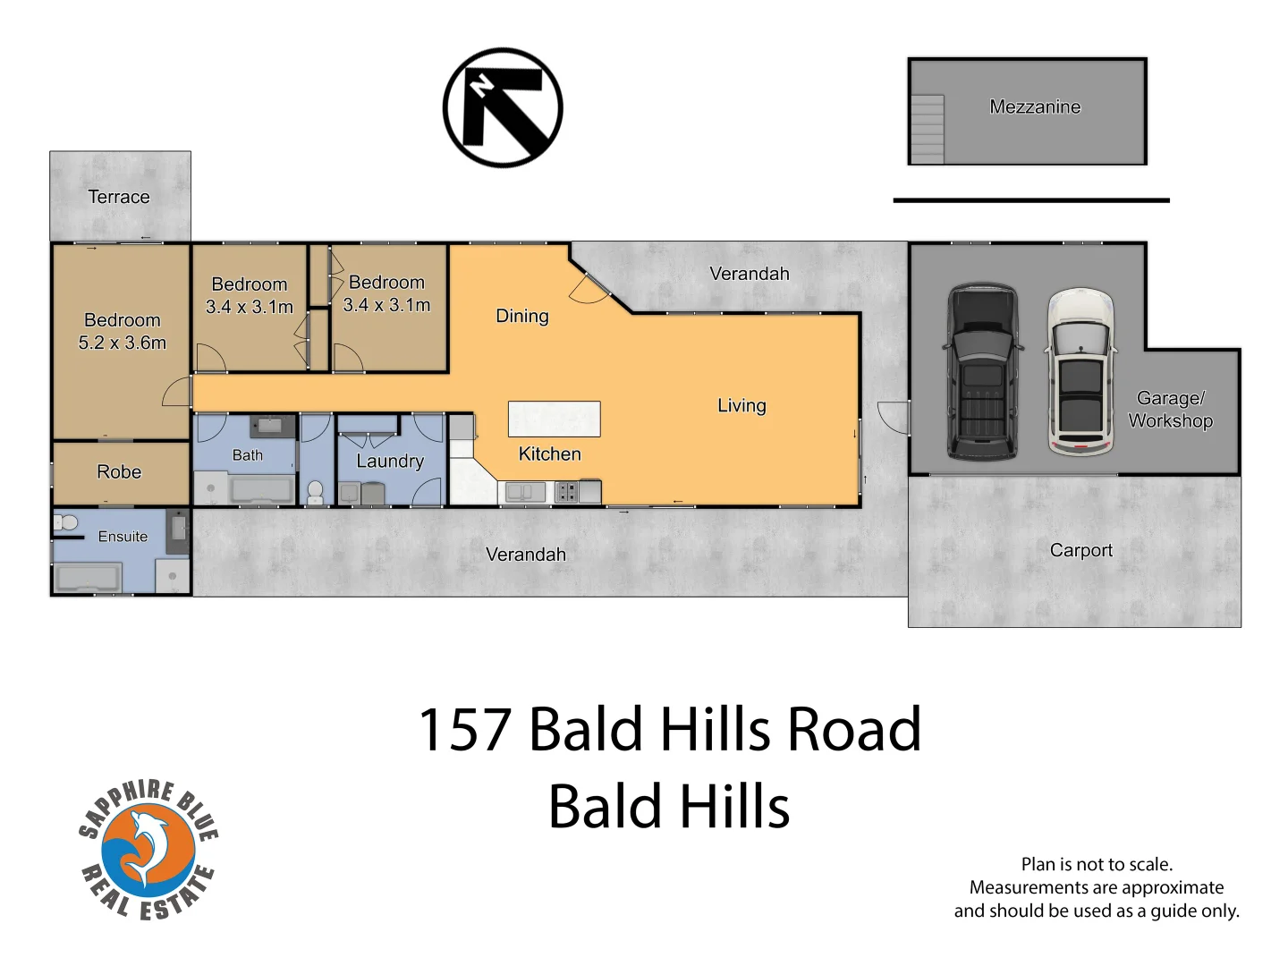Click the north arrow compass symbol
point(503,107)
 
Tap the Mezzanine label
point(1035,107)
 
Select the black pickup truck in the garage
point(982,370)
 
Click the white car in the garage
point(1081,370)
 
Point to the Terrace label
point(119,197)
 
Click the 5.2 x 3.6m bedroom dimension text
point(123,343)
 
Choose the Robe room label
point(119,471)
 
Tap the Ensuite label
point(123,537)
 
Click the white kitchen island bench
point(554,419)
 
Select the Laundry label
point(390,461)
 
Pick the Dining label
point(522,316)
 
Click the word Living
point(741,405)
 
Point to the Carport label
point(1081,550)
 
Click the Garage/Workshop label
point(1170,410)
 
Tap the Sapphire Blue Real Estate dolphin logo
point(148,850)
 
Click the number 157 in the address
point(464,729)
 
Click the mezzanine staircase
point(928,130)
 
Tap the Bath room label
point(248,455)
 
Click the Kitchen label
point(549,453)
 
